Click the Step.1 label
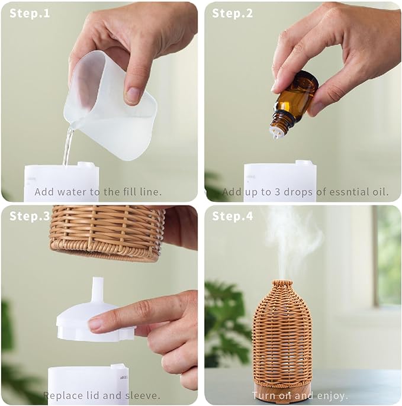coord(30,14)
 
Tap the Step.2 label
coord(232,14)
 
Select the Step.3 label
coord(30,216)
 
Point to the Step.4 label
coord(232,216)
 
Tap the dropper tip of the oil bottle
coord(276,134)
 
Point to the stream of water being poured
coord(68,145)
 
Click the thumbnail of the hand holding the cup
coord(133,95)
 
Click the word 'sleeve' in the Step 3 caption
coord(141,395)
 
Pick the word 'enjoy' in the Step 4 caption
coord(331,396)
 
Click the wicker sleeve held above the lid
coord(107,233)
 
